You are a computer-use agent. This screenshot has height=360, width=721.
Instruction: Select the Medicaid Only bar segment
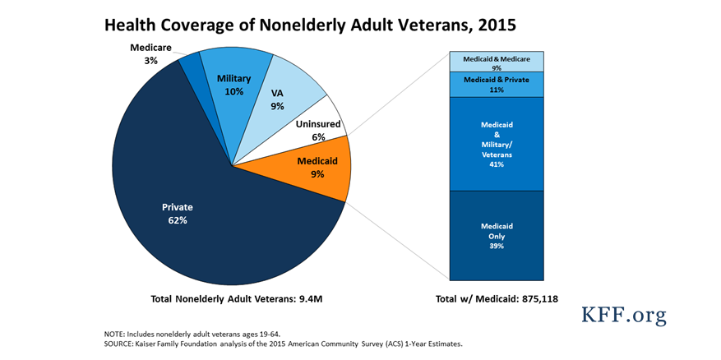497,235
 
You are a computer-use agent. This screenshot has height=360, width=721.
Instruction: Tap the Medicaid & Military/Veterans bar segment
497,144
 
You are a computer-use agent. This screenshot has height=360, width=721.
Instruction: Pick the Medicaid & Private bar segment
497,84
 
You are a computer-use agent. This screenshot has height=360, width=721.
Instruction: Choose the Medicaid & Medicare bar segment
497,62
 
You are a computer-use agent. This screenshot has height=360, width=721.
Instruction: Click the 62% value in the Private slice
177,220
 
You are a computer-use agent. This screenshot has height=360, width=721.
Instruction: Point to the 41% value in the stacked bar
497,164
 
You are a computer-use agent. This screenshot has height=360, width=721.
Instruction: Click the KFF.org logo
624,316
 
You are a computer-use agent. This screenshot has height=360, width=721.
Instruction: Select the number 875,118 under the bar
540,299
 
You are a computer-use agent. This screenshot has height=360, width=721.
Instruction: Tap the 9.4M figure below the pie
310,299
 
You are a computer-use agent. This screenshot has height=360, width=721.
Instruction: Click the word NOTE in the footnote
113,334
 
